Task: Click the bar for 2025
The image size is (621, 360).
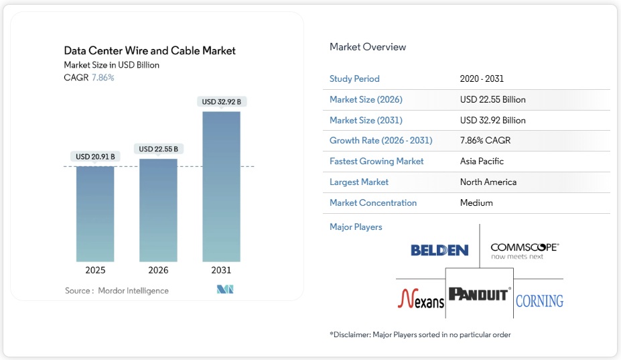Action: click(95, 213)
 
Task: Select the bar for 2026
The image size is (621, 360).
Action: click(158, 210)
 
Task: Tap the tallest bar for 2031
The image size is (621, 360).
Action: click(221, 186)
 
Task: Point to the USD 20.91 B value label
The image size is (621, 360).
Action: click(95, 157)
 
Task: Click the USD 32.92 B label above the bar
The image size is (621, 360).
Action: click(221, 102)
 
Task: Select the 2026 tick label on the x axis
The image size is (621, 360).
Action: click(158, 270)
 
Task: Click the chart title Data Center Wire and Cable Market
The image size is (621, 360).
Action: click(149, 50)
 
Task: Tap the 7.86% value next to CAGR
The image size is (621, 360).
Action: click(102, 78)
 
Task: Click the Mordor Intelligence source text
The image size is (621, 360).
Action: click(133, 290)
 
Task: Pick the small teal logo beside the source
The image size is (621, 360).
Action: click(224, 290)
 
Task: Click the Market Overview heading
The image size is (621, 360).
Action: click(368, 47)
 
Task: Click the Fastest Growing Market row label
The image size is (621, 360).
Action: click(376, 162)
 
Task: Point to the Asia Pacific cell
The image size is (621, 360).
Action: click(482, 162)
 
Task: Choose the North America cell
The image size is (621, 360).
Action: click(488, 182)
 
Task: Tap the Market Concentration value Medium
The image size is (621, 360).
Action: click(476, 203)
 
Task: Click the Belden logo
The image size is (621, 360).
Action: click(439, 251)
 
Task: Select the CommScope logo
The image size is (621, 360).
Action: click(524, 251)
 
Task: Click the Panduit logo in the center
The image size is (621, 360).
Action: click(480, 294)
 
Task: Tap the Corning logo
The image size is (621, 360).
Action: click(539, 300)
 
